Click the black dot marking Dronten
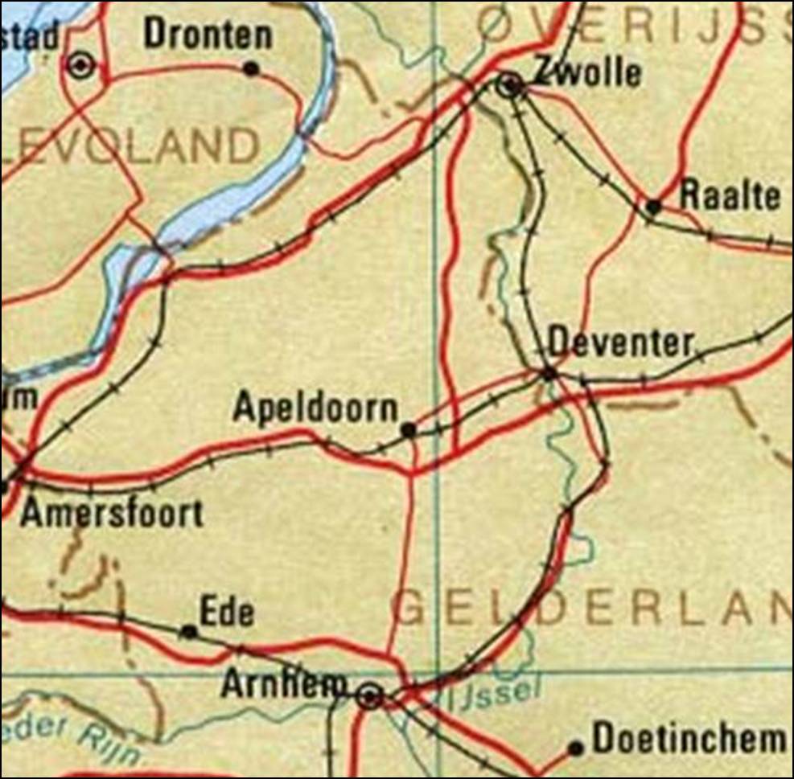[251, 69]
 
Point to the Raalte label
[730, 196]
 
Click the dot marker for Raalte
[654, 207]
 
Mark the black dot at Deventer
[549, 374]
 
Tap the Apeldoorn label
[315, 408]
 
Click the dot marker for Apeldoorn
[409, 431]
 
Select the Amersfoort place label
[112, 513]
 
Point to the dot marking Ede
[189, 632]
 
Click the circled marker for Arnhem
[369, 697]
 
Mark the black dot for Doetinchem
[575, 748]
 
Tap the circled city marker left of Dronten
[81, 65]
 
